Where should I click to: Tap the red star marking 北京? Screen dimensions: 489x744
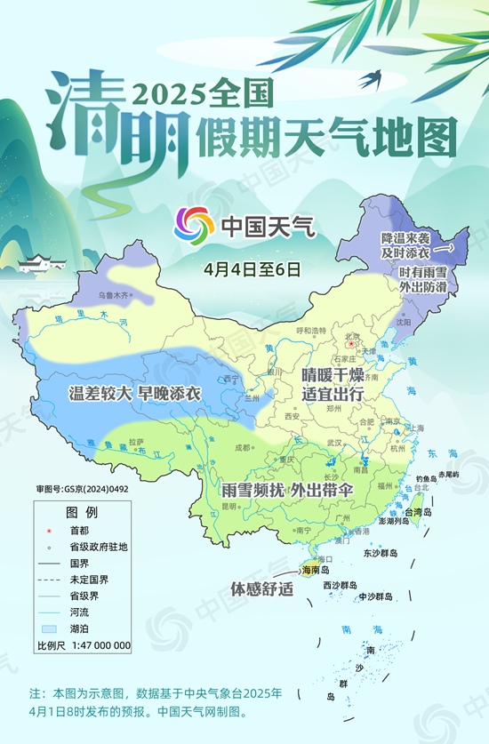[351, 343]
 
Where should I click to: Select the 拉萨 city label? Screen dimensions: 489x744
[135, 441]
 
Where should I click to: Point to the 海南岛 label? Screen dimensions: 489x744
[316, 570]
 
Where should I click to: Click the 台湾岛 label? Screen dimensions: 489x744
[418, 513]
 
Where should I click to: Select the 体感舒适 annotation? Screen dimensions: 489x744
[262, 588]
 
